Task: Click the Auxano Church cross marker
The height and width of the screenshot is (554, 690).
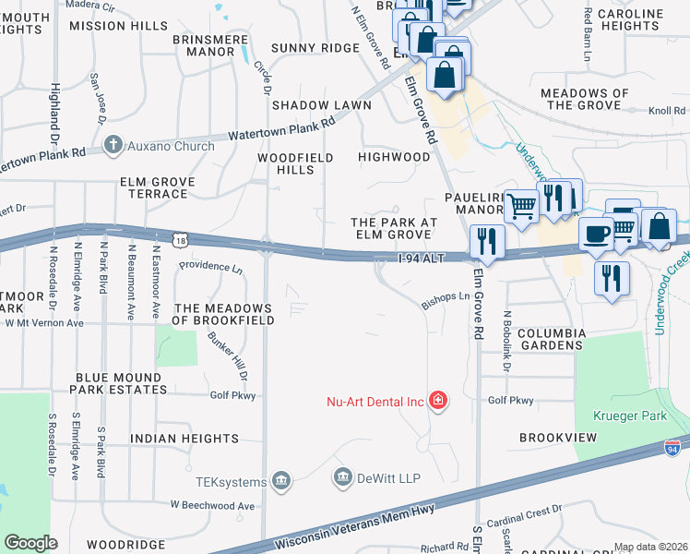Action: click(113, 144)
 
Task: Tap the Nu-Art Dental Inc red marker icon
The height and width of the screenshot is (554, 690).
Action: click(439, 401)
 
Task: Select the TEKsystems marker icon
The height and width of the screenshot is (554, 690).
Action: click(282, 480)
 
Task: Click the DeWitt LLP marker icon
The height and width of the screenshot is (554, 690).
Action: click(342, 477)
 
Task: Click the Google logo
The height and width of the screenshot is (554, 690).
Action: click(30, 542)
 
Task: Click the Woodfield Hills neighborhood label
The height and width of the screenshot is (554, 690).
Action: click(295, 164)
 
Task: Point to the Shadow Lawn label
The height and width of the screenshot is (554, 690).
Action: click(321, 105)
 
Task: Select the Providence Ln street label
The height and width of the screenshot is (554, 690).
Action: click(210, 266)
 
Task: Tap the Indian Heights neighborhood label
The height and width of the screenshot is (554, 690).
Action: click(184, 439)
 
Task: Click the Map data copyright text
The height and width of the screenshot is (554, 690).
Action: click(649, 547)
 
